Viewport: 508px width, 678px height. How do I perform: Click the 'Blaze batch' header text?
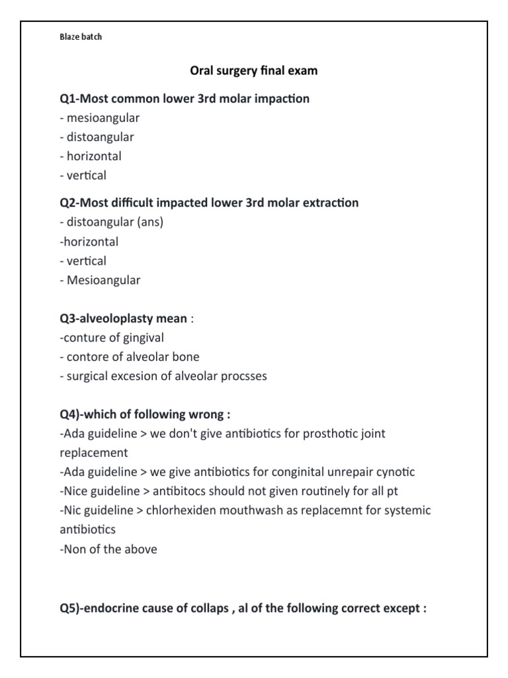click(x=81, y=37)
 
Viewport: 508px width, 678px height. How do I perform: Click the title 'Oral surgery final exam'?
click(x=253, y=70)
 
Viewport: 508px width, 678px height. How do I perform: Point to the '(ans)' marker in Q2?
click(x=150, y=222)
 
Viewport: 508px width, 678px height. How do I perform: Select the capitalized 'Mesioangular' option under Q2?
click(x=103, y=279)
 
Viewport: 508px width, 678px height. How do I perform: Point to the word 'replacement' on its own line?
click(x=93, y=453)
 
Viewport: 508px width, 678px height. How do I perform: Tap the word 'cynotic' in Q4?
click(x=394, y=472)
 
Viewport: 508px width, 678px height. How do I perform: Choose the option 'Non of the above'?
click(x=108, y=549)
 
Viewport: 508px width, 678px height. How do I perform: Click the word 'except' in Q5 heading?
click(x=399, y=608)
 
